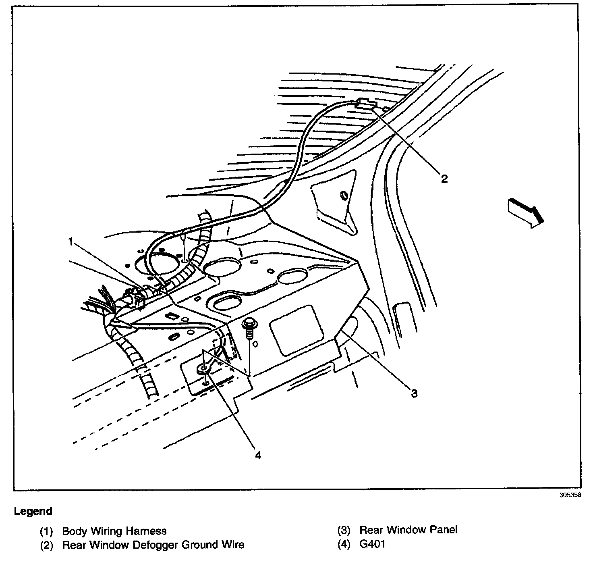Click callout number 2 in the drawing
[x=444, y=178]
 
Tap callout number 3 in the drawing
[x=414, y=393]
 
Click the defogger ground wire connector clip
[x=366, y=104]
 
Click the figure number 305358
[x=570, y=495]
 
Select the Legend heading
[x=33, y=511]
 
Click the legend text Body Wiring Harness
[x=114, y=531]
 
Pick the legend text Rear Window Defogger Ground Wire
[x=153, y=545]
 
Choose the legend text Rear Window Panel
[x=408, y=530]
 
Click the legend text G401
[x=373, y=544]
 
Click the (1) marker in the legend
[x=46, y=531]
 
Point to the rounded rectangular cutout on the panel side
[x=297, y=330]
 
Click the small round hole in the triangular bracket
[x=344, y=196]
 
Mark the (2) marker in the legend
[x=46, y=545]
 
